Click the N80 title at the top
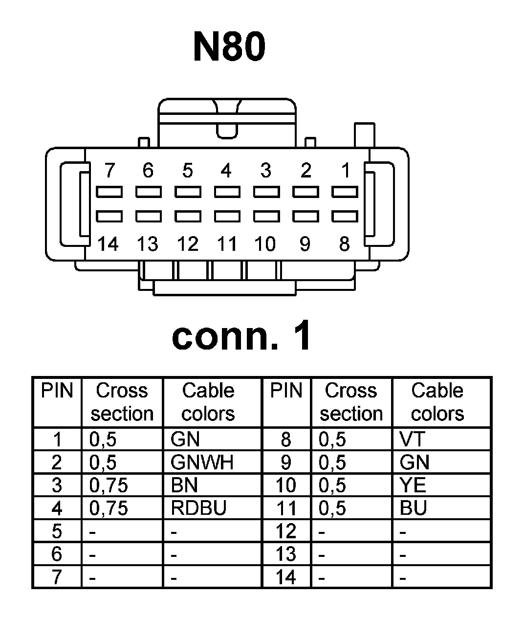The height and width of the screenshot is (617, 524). pos(229,47)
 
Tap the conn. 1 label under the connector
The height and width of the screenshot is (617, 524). pos(241,336)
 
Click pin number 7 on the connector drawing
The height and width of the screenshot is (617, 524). pos(109,171)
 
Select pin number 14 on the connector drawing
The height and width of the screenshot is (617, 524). pos(108,243)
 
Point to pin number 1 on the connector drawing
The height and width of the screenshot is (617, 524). pos(346,171)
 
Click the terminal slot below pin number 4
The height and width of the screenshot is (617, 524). pos(227,192)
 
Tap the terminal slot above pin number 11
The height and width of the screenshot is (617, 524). pos(227,216)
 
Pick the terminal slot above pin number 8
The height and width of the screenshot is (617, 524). pos(345,216)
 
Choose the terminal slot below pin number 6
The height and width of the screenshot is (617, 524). pos(148,192)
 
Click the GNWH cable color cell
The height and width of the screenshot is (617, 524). pos(202,462)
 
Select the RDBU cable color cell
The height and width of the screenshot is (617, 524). pos(198,508)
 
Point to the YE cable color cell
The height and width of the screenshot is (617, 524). pos(413,485)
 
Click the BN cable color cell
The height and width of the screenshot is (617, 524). pos(184,485)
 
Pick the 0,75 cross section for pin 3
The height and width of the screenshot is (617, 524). pos(109,485)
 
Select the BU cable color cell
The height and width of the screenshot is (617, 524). pos(413,508)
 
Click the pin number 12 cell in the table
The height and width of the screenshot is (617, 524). pos(286,531)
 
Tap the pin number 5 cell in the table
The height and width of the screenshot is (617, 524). pos(57,531)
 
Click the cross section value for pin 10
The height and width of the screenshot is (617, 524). pos(332,485)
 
